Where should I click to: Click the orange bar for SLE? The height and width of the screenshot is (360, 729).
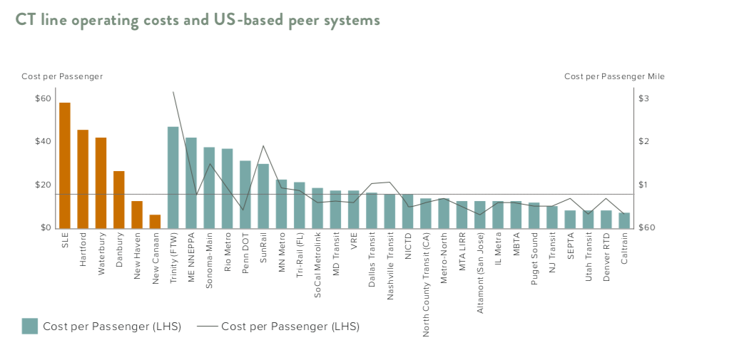coord(65,165)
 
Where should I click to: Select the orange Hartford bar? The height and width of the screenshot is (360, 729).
coord(83,179)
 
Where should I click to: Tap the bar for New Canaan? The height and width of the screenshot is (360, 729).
coord(155,221)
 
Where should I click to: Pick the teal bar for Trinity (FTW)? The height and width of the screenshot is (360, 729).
coord(173,178)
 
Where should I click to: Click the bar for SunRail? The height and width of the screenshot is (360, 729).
coord(263,196)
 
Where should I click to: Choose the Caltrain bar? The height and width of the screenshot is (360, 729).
coord(624,220)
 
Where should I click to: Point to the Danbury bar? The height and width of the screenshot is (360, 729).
coord(119,200)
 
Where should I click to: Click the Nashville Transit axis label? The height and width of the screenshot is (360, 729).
coord(389,266)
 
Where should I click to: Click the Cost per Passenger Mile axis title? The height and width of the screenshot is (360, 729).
coord(614,76)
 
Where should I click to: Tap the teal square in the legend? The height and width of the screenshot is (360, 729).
coord(29,326)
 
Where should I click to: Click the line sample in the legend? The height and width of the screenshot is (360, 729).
coord(207,326)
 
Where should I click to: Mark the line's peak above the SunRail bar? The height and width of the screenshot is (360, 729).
coord(263,146)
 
